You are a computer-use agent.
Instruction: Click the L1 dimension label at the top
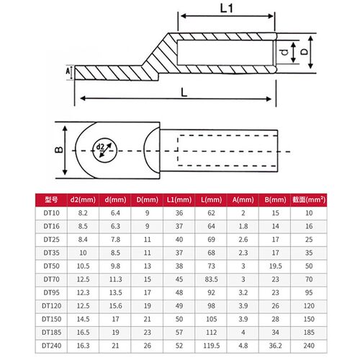(x=227, y=9)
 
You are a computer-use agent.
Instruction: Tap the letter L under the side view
(x=184, y=92)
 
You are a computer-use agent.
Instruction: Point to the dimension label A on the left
(x=68, y=71)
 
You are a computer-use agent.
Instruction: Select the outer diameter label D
(x=304, y=52)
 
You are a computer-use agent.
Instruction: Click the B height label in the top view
(x=59, y=150)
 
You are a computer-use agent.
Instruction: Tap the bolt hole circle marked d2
(x=105, y=150)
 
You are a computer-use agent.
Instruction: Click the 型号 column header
(x=51, y=199)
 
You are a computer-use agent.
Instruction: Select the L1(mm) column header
(x=179, y=199)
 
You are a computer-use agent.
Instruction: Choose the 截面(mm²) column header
(x=309, y=199)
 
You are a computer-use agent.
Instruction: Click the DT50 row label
(x=51, y=266)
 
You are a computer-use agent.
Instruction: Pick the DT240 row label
(x=51, y=346)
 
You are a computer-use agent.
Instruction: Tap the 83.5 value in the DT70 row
(x=211, y=279)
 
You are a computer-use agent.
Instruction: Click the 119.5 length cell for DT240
(x=211, y=346)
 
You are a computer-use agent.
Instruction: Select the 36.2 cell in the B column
(x=275, y=346)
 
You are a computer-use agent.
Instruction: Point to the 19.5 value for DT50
(x=275, y=266)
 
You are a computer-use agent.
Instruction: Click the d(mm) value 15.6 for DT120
(x=115, y=306)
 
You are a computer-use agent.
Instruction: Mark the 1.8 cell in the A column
(x=243, y=226)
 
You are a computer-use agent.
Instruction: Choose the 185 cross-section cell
(x=309, y=333)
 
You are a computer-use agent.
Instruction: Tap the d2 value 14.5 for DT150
(x=83, y=319)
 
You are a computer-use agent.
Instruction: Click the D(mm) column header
(x=147, y=199)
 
